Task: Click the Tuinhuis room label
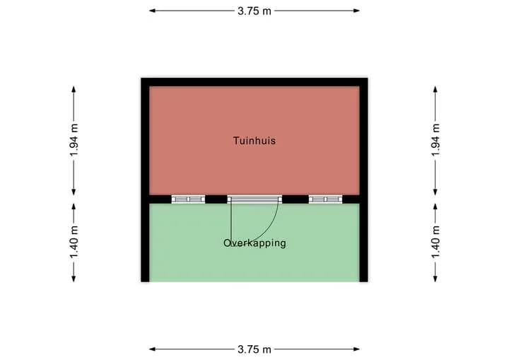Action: point(255,141)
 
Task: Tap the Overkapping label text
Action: point(255,243)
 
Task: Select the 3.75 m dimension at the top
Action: point(255,11)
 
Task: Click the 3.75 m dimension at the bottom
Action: point(255,349)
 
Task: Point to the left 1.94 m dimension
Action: point(74,140)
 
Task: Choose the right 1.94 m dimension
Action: point(435,140)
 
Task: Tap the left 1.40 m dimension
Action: point(74,242)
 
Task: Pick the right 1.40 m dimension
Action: point(435,242)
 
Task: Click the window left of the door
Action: point(188,199)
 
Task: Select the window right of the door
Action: point(325,199)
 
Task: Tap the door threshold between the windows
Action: point(255,199)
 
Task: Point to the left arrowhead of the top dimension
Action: point(152,11)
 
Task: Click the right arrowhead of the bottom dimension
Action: point(357,349)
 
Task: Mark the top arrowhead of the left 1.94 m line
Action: point(74,89)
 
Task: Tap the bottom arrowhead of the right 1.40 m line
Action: point(435,279)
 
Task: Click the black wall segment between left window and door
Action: point(216,199)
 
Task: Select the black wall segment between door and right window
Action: point(295,199)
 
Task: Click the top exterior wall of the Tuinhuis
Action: point(255,82)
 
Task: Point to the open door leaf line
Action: point(230,224)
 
